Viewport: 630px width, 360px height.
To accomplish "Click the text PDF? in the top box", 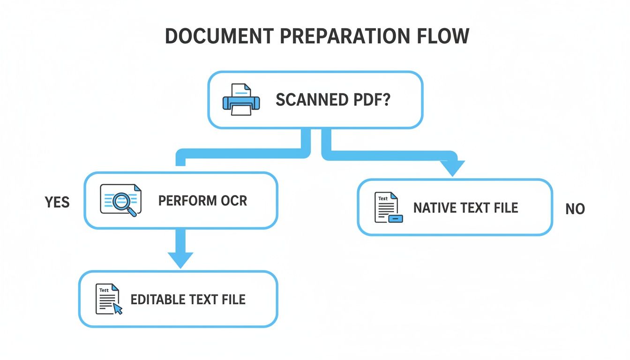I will [373, 100].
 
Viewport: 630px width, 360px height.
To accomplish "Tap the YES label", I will [57, 202].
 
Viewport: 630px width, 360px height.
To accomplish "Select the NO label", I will [575, 209].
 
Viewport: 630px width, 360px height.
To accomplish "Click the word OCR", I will [233, 201].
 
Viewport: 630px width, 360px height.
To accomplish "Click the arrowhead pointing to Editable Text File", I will [180, 259].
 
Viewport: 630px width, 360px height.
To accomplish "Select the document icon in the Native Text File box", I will [388, 207].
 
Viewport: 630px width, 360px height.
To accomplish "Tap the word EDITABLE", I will [157, 299].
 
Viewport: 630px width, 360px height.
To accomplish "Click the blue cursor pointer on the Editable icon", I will [118, 308].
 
